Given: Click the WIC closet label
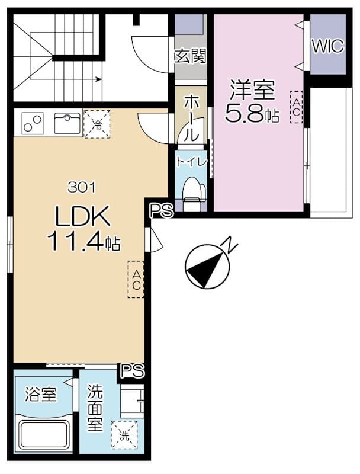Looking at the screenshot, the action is [x=327, y=46].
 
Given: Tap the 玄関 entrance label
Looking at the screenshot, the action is [x=191, y=56].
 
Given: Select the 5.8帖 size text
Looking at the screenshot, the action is [x=252, y=113].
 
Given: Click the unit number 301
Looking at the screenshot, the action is [x=82, y=187].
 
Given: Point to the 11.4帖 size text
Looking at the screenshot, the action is [x=83, y=242].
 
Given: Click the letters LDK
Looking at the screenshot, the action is [x=82, y=216].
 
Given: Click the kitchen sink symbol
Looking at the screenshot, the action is [x=67, y=123].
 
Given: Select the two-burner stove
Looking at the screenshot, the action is [x=33, y=123].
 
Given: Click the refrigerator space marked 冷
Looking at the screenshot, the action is [x=97, y=124].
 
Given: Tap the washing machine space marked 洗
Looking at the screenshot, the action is [x=124, y=435].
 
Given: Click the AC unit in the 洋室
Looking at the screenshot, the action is [x=296, y=107].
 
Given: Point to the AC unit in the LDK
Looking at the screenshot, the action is [x=136, y=280].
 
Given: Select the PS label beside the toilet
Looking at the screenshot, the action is [x=162, y=210].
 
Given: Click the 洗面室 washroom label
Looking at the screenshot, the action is [x=95, y=408].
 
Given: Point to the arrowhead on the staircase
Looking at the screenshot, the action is [x=98, y=79].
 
